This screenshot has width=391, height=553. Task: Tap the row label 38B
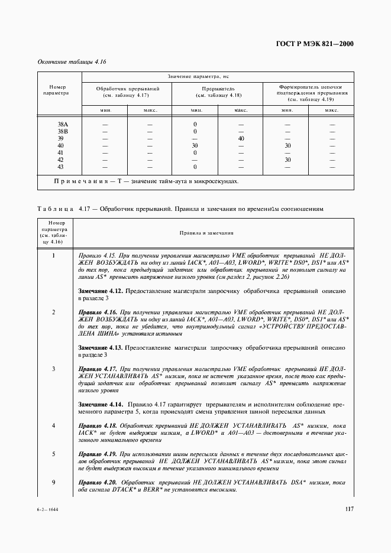[62, 132]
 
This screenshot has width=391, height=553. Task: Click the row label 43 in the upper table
[60, 167]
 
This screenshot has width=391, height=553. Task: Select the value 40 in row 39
[241, 139]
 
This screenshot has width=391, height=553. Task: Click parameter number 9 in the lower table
[54, 483]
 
